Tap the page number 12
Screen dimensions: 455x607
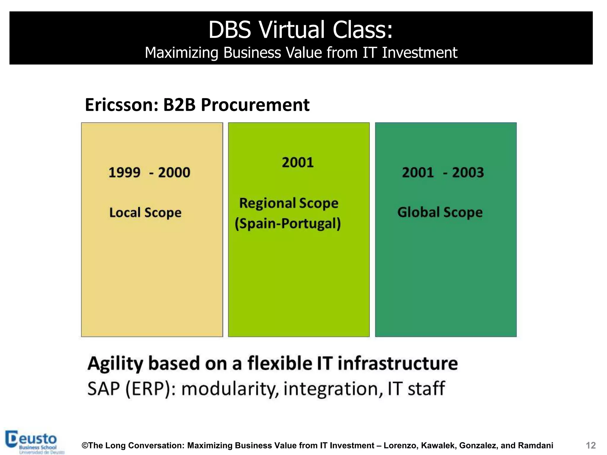point(590,446)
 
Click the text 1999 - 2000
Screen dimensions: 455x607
point(149,172)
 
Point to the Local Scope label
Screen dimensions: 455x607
point(145,213)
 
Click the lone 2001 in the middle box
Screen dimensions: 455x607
point(298,162)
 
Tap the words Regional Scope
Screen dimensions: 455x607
point(289,203)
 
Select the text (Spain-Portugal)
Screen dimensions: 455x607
point(287,224)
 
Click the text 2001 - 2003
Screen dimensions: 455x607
point(443,172)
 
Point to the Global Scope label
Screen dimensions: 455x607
point(440,212)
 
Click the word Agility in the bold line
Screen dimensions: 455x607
point(115,364)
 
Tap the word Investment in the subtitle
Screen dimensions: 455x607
point(419,53)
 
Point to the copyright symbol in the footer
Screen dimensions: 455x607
point(85,446)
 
